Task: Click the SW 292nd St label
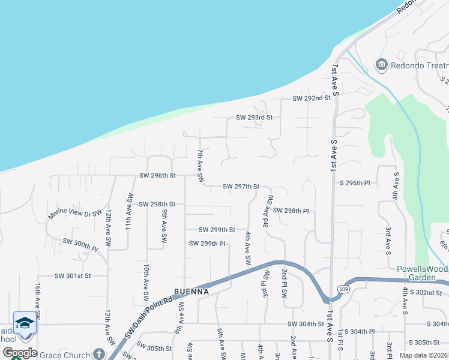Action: [312, 98]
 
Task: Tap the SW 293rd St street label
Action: [254, 117]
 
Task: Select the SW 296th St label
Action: [157, 175]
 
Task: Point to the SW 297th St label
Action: [241, 187]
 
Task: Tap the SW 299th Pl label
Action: [207, 244]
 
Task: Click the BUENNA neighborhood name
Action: [191, 292]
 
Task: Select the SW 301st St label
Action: [72, 276]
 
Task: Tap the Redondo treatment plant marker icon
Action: [381, 65]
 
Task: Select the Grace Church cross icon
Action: [98, 355]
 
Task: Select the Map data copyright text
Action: [423, 355]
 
